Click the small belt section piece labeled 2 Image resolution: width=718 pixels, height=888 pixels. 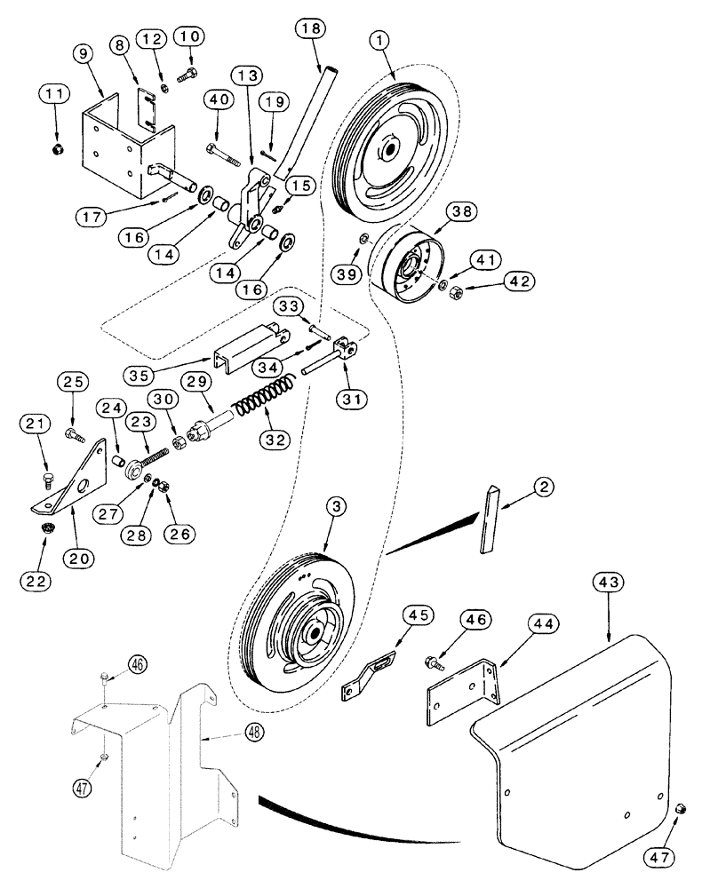[x=491, y=519]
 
